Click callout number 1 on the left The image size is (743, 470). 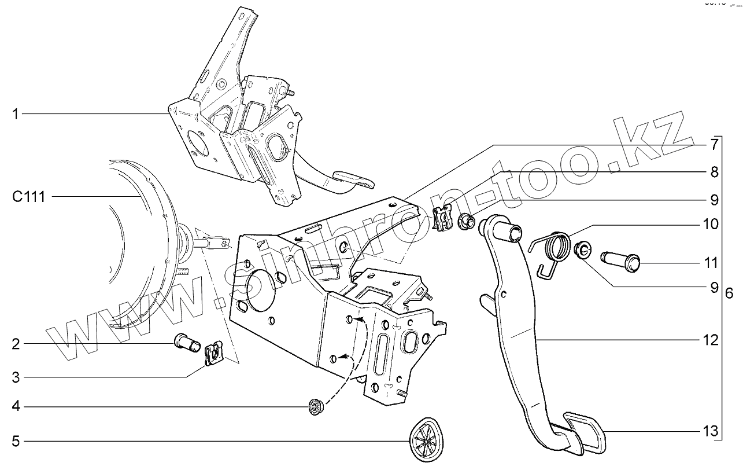tap(16, 115)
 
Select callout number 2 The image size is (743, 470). tap(16, 344)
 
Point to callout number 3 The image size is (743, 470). tap(16, 378)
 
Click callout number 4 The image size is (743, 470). tap(16, 407)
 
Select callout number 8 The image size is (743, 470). tap(715, 171)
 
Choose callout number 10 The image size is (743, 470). tap(711, 224)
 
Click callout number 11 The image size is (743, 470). tap(711, 263)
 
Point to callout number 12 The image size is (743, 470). tap(711, 340)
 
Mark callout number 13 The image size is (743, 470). tap(711, 431)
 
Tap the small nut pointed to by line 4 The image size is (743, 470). tap(315, 408)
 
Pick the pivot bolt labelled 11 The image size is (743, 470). tap(623, 262)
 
